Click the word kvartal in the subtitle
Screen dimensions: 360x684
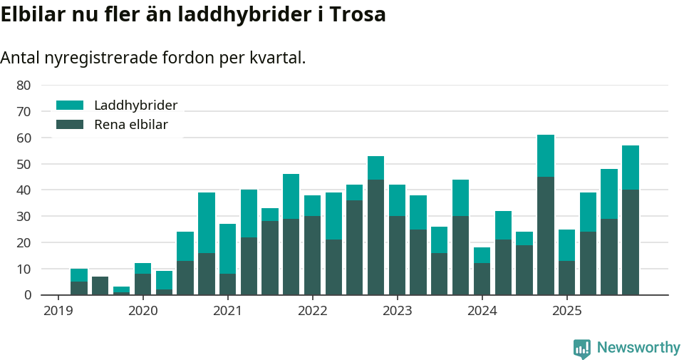point(279,58)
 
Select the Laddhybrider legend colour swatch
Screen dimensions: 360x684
point(70,106)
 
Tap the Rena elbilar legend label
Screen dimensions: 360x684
point(130,125)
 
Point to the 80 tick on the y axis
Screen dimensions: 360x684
point(24,86)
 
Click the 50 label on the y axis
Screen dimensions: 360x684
point(24,164)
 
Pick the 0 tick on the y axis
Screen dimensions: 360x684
point(27,295)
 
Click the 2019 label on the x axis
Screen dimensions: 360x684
point(58,311)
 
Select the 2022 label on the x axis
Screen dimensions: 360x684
point(312,311)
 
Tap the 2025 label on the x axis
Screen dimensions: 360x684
point(566,311)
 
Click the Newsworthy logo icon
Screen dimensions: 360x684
point(582,348)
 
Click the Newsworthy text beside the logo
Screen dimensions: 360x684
point(638,348)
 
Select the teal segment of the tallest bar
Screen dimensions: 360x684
point(546,155)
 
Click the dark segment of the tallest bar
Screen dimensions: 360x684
point(546,235)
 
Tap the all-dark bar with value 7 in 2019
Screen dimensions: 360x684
point(100,285)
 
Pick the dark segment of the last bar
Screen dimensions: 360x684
point(631,242)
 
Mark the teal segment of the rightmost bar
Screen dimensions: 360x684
point(631,168)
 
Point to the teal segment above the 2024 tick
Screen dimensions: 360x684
point(482,255)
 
